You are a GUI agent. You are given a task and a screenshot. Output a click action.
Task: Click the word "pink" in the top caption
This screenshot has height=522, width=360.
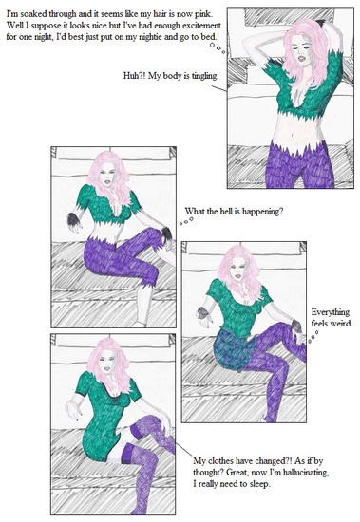coord(203,14)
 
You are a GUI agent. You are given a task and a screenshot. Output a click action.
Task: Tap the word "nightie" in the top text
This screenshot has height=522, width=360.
coord(151,37)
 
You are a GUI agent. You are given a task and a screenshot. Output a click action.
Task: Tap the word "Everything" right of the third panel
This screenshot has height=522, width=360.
coord(330,312)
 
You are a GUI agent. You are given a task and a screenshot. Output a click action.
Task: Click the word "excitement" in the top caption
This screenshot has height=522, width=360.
coord(201,26)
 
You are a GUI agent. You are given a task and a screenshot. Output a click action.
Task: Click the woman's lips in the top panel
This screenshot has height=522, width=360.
coord(302,58)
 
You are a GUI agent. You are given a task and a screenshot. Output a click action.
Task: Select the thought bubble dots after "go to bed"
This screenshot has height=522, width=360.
coord(218,48)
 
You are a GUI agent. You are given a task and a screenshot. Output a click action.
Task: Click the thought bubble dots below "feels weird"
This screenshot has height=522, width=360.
coord(313,337)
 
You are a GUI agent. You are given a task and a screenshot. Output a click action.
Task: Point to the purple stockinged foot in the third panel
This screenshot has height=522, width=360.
coord(270,418)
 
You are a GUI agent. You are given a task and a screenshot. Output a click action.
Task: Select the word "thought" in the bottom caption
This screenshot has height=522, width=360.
coord(208,473)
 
